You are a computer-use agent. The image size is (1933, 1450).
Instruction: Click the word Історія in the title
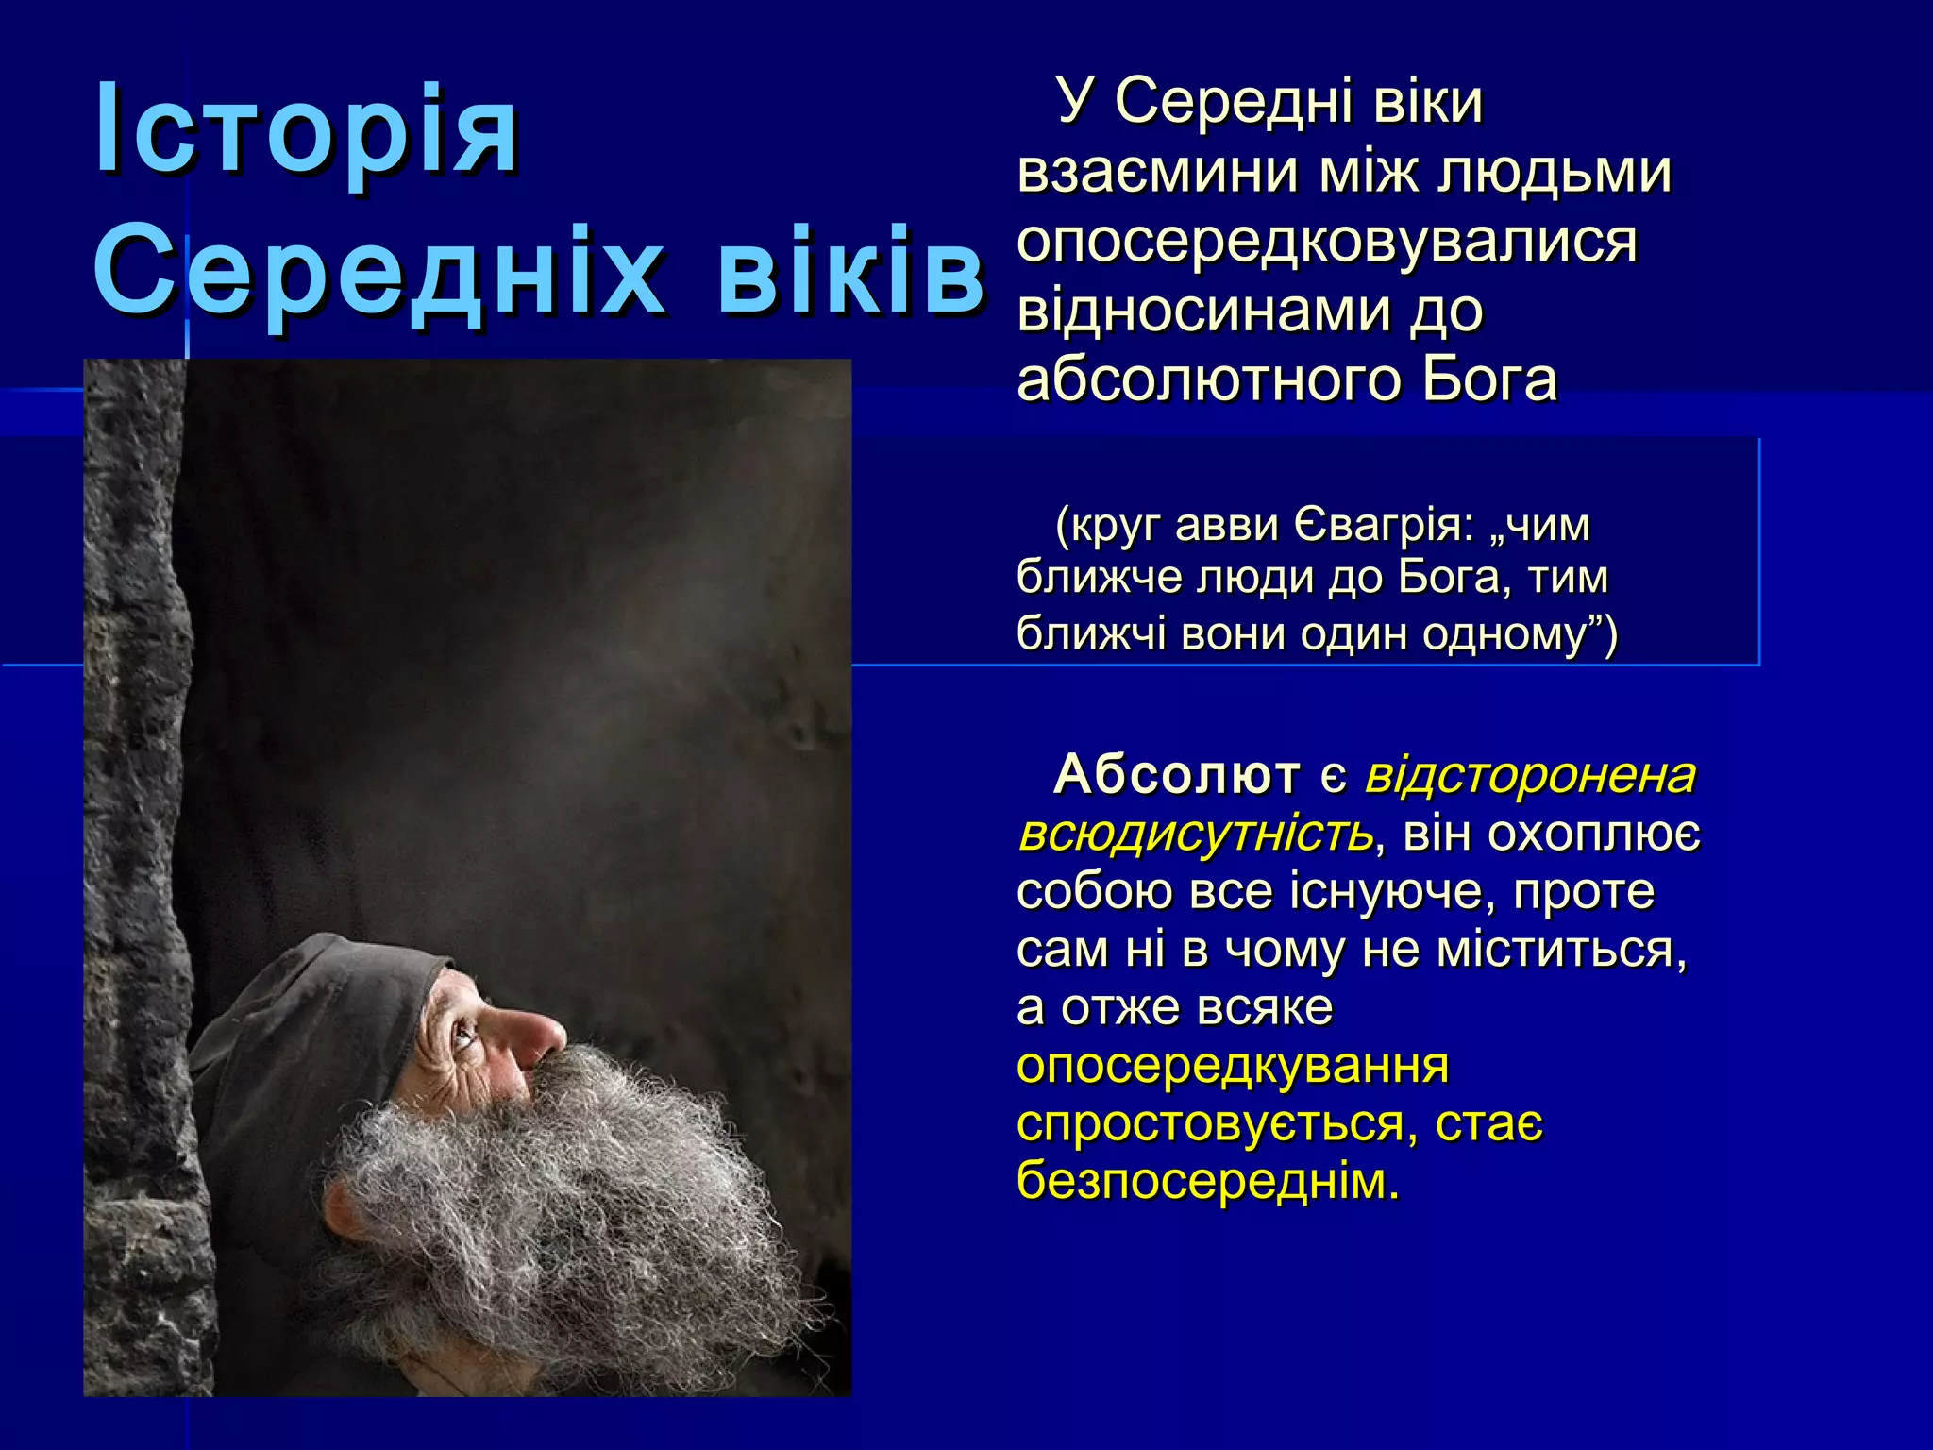point(307,129)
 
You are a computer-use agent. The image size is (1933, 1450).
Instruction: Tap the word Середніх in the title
point(378,273)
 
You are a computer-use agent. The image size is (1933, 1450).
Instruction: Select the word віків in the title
point(850,273)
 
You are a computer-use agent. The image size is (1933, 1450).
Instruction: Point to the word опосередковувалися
point(1326,242)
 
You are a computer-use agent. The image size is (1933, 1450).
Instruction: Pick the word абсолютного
point(1208,379)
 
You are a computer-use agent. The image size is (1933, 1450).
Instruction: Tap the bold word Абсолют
point(1176,775)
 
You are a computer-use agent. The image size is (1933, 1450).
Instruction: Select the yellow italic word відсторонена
point(1530,775)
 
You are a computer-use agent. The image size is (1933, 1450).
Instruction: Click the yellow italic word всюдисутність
point(1195,834)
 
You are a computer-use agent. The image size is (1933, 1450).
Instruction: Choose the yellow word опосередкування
point(1232,1066)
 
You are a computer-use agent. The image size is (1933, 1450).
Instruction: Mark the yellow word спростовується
point(1217,1124)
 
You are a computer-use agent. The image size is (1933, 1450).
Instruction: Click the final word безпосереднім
point(1208,1181)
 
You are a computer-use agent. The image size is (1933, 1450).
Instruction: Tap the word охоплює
point(1594,835)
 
